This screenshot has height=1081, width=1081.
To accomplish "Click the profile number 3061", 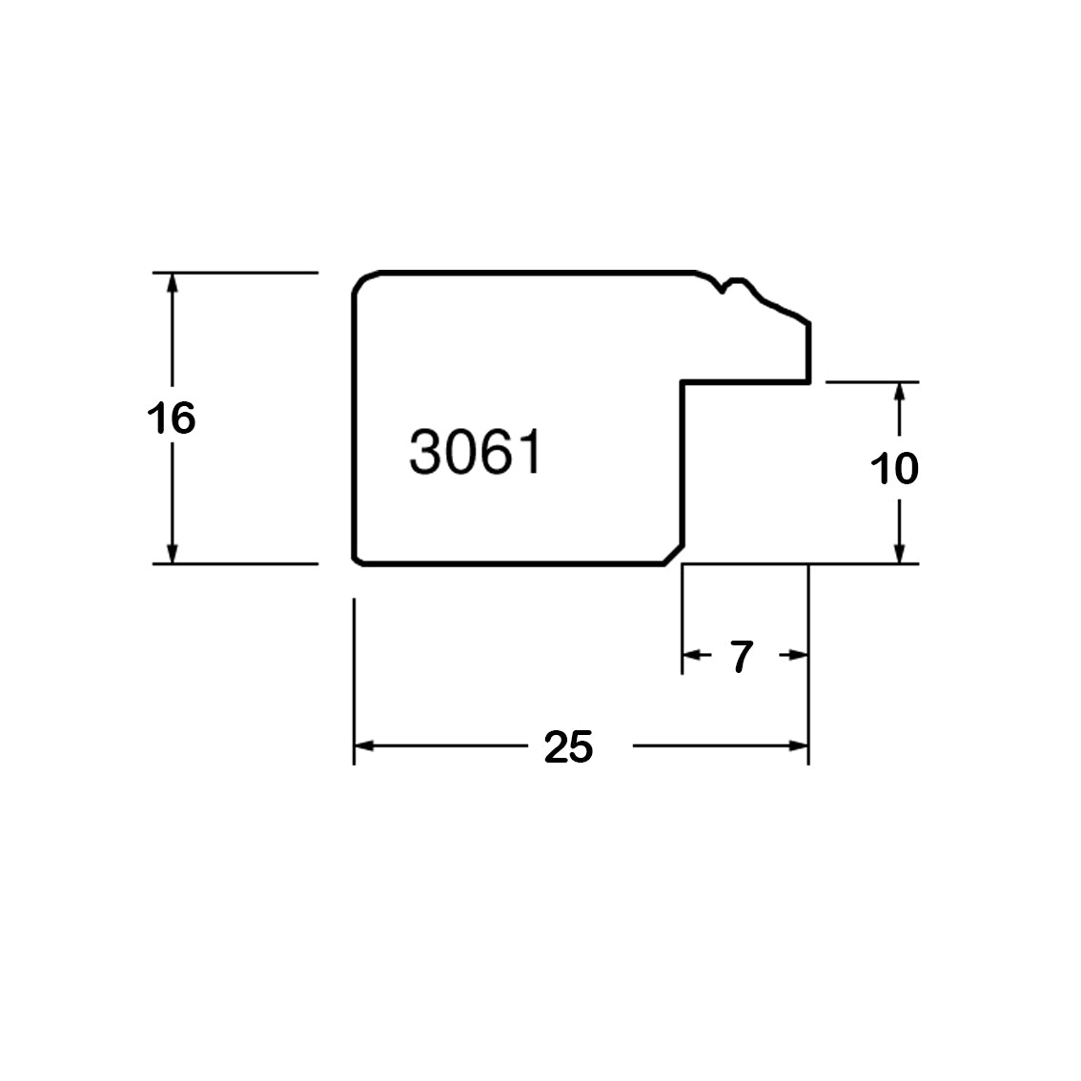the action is [476, 452].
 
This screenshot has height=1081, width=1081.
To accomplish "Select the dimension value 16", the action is [171, 418].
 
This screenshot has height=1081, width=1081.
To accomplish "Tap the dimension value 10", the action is [894, 469].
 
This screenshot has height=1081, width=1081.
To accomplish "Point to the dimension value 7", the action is [741, 656].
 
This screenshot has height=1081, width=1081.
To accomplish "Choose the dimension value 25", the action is [569, 747].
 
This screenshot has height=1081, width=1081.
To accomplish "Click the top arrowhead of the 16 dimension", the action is [173, 283].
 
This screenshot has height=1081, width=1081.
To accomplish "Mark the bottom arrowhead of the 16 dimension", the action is [173, 554].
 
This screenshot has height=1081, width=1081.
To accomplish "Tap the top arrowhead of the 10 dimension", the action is [899, 393].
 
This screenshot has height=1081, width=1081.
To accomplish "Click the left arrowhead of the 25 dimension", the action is [364, 746].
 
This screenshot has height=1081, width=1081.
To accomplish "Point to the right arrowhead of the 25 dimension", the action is [798, 746].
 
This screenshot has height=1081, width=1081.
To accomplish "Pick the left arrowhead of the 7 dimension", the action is [691, 654].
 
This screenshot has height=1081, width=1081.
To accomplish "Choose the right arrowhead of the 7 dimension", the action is [798, 654].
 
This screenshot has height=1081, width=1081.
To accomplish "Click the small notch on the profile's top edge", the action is [723, 288].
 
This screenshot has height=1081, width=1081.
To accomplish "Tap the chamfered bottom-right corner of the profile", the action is [674, 554].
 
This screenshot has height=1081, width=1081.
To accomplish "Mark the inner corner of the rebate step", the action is [683, 381].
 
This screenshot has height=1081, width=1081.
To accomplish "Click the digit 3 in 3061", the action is [425, 452].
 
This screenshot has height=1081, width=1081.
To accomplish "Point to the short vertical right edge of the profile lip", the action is [808, 352].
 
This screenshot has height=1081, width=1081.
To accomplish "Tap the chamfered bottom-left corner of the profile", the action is [357, 560].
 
